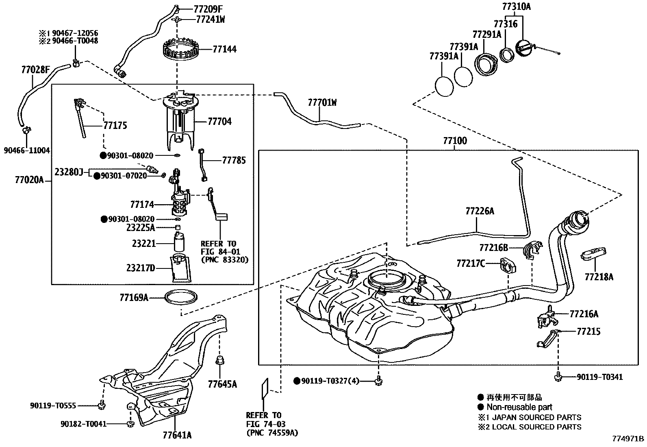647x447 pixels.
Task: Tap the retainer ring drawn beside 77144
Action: (179, 50)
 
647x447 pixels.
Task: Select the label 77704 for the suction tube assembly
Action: (219, 121)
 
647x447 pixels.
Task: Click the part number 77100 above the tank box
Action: (455, 141)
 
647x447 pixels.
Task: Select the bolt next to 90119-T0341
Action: (558, 377)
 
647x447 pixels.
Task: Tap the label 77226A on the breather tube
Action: (480, 211)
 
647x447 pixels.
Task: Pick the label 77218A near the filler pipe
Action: (599, 277)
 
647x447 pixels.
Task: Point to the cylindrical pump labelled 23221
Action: (179, 243)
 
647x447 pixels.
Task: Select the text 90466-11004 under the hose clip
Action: (27, 150)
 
